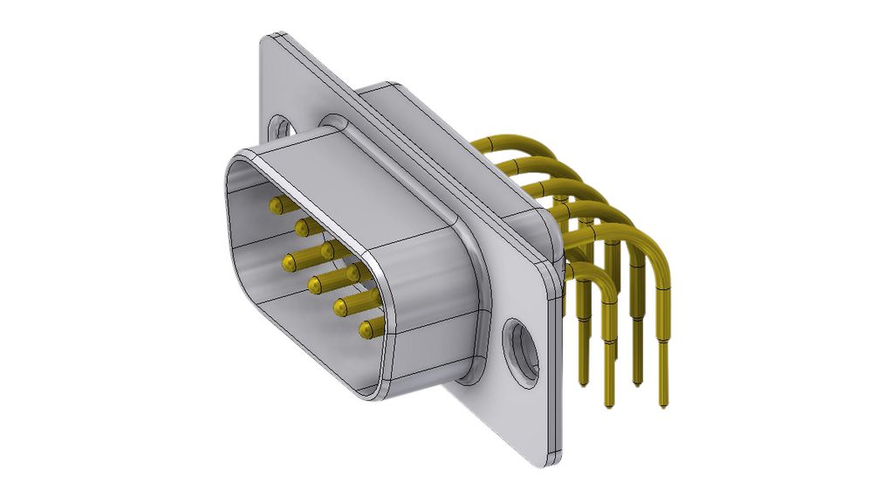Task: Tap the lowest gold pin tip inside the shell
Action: coord(366,330)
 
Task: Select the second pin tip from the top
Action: coord(301,228)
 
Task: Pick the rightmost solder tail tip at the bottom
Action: coord(665,405)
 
